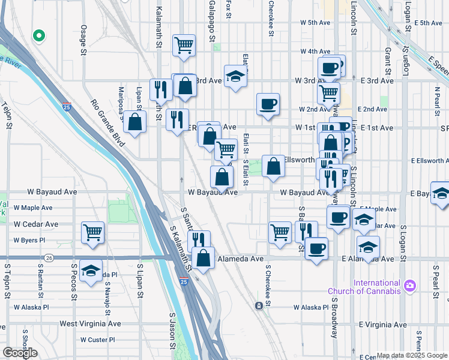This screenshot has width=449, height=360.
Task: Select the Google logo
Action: coord(20,353)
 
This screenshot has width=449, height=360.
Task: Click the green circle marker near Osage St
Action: coord(39,35)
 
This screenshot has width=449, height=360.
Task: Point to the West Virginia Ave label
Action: coord(90,324)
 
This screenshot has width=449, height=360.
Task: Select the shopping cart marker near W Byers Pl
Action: coord(92,232)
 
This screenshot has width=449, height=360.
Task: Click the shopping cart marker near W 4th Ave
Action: coord(184,44)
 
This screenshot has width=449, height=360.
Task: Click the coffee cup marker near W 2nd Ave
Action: coord(268,103)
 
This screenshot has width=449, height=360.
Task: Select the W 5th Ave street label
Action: coord(316,23)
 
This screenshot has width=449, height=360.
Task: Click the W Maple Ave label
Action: coord(33,208)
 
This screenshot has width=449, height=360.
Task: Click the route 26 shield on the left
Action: coord(49,258)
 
